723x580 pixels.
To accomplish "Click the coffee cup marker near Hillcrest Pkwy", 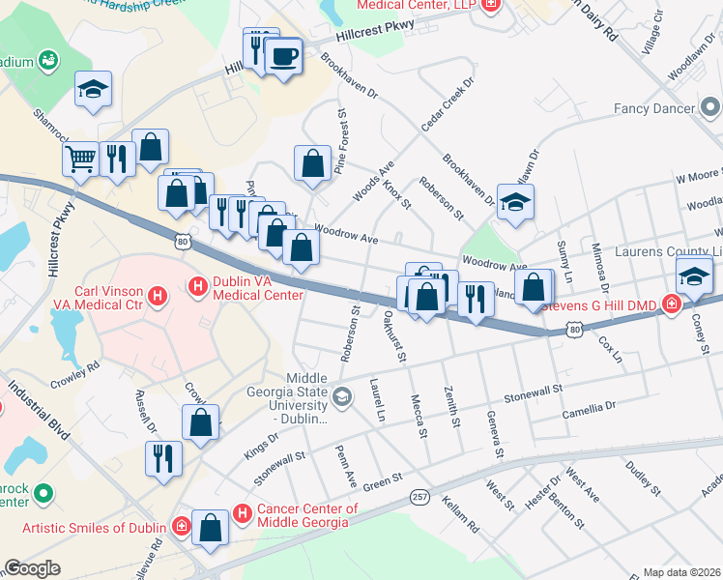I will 283,56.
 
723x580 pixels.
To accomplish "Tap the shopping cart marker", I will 82,157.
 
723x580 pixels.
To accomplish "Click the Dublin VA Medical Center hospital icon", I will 197,286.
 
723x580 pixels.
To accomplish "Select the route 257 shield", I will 419,496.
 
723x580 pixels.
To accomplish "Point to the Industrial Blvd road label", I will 39,410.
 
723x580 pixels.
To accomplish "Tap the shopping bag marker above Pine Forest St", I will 313,164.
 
